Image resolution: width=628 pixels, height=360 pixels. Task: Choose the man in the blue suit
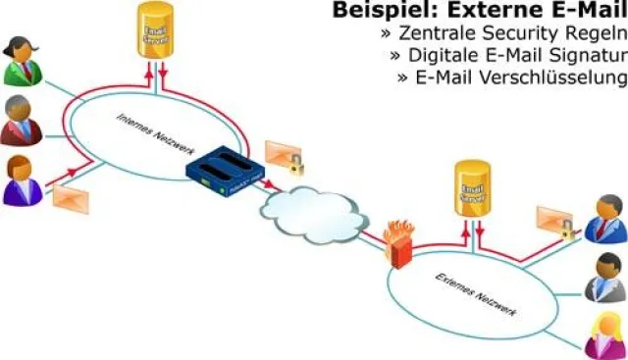(x=605, y=219)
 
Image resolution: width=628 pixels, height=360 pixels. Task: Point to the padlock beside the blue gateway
(x=294, y=165)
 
